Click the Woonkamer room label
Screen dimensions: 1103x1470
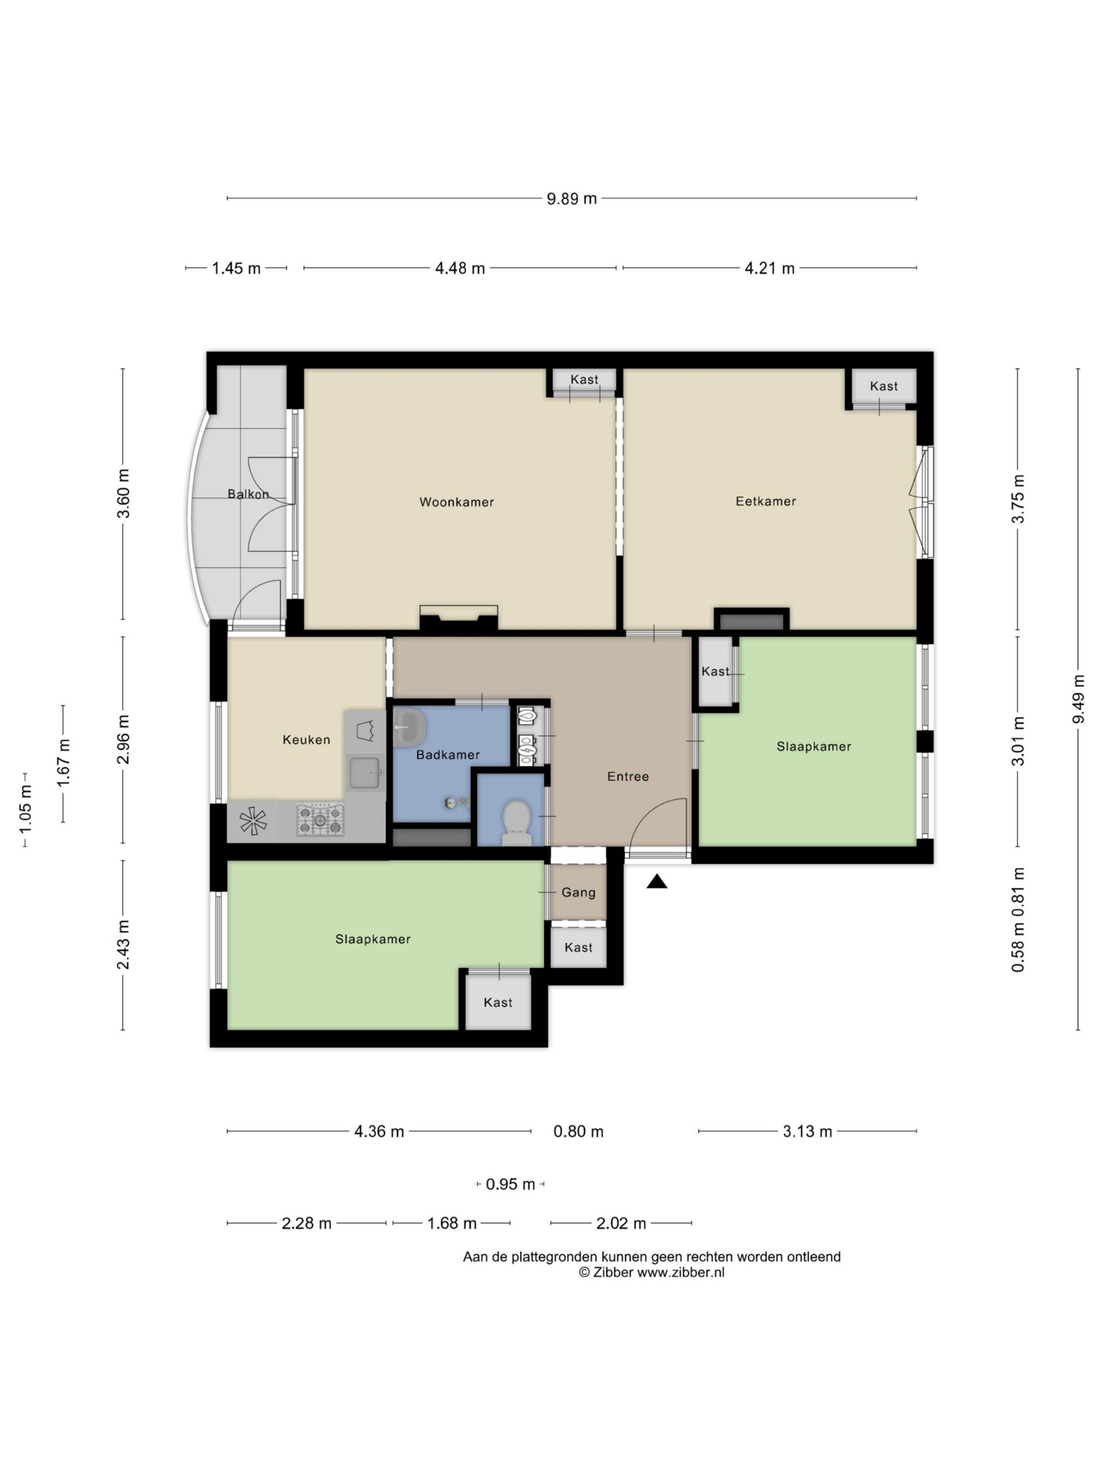point(456,502)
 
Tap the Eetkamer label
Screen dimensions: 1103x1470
point(765,501)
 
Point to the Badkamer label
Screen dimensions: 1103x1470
point(448,755)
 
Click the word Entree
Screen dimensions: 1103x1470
point(628,776)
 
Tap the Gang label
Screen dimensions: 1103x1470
point(578,892)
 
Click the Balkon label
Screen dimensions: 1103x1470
point(248,494)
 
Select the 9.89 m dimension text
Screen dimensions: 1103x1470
point(571,199)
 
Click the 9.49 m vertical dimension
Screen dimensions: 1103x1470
point(1078,699)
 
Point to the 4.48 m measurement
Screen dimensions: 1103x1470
point(460,269)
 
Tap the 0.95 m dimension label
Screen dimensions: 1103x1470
point(510,1184)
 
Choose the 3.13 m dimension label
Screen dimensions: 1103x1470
point(807,1132)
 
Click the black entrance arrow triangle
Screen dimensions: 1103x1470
point(656,882)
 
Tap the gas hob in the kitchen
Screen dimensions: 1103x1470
point(320,819)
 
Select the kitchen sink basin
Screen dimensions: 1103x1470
point(365,773)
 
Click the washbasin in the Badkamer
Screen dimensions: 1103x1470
point(410,728)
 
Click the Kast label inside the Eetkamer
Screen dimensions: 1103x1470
point(883,386)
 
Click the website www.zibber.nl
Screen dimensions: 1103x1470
point(680,1272)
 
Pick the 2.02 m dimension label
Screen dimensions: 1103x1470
point(620,1224)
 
